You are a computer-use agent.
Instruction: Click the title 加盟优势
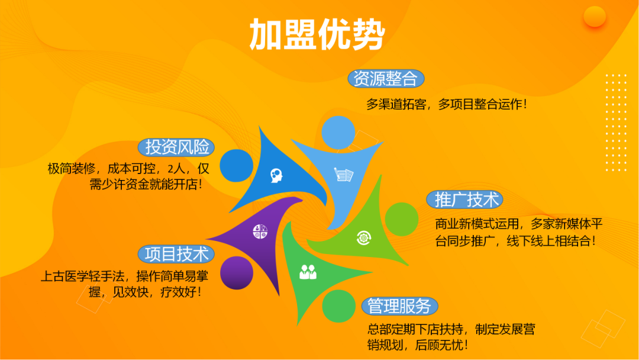317,34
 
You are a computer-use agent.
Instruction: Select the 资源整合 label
385,79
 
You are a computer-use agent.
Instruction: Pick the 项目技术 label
177,254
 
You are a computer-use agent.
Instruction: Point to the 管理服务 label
399,306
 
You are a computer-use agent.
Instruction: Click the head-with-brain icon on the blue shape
276,175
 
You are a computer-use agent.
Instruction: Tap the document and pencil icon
344,175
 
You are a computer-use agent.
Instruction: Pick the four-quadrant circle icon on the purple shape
260,232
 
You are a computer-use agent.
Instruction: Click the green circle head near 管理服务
338,306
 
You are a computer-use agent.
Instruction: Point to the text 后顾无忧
443,345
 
